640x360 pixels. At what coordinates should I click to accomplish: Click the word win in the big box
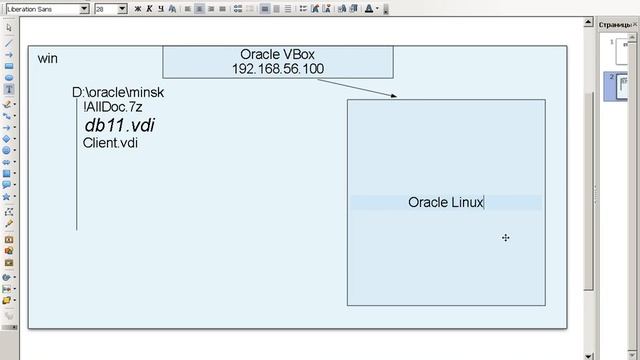[x=47, y=59]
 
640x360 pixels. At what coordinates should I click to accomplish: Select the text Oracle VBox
[x=277, y=54]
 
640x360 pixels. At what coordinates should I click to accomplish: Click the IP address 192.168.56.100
[x=277, y=69]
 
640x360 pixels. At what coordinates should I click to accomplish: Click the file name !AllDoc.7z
[x=115, y=107]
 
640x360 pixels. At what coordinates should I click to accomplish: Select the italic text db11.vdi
[x=119, y=125]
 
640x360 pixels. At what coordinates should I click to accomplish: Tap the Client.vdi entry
[x=110, y=143]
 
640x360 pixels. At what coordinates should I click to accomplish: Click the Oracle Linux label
[x=445, y=202]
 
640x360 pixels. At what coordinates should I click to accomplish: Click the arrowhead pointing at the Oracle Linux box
[x=394, y=96]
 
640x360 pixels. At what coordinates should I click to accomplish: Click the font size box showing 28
[x=106, y=9]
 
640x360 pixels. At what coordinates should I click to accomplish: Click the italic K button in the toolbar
[x=152, y=9]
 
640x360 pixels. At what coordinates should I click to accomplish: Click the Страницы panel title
[x=618, y=23]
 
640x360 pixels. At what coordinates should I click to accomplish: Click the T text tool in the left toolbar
[x=9, y=89]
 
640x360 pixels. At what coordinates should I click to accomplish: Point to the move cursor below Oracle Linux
[x=506, y=237]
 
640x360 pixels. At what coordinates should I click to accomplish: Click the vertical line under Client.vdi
[x=77, y=190]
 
